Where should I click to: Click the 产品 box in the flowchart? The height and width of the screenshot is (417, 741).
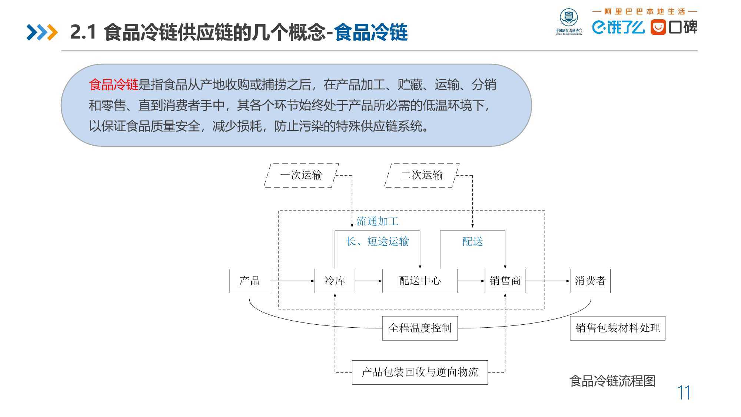250,281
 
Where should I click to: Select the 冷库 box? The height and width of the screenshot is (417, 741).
335,281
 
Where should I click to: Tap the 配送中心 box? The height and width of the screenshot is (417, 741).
420,281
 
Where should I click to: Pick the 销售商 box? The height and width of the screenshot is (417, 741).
505,281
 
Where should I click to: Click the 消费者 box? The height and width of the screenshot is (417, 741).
590,281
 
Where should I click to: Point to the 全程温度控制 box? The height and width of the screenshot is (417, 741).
420,328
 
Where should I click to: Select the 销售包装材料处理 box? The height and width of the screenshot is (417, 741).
618,328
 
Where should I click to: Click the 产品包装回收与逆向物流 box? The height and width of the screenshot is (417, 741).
420,372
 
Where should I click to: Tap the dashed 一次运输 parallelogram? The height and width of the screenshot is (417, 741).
301,175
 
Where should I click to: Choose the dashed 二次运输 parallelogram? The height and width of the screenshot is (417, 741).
422,175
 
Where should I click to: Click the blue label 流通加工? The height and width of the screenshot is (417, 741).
377,222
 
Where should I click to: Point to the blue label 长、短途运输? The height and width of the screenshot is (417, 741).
378,242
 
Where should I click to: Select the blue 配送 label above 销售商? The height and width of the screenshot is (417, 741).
473,242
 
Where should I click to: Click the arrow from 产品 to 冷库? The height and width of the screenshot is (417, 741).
292,281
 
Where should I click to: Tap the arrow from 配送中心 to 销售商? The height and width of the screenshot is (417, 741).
471,281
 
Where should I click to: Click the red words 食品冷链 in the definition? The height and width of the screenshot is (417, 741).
113,85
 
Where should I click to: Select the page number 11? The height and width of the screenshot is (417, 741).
684,393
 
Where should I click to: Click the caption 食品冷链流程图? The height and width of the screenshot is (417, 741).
612,381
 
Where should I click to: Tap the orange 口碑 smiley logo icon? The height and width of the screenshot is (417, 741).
658,27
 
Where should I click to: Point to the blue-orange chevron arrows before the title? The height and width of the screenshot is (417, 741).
42,32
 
